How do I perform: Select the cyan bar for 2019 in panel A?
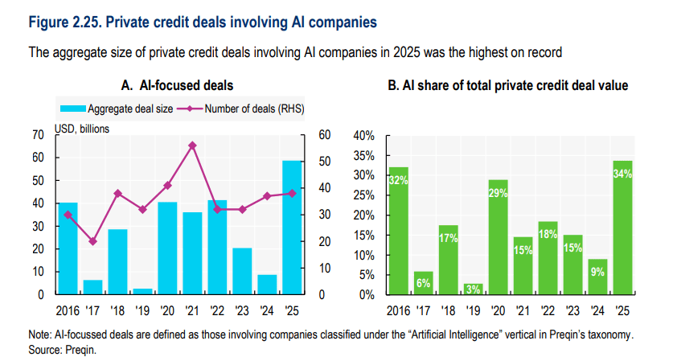coord(142,291)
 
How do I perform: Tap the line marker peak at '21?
coord(192,146)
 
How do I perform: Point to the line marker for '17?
coord(92,241)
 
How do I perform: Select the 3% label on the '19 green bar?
coord(473,289)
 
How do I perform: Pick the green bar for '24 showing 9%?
coord(597,277)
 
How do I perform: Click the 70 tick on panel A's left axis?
coord(37,135)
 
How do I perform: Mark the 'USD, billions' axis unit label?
coord(82,127)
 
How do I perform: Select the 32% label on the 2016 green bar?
coord(399,182)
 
